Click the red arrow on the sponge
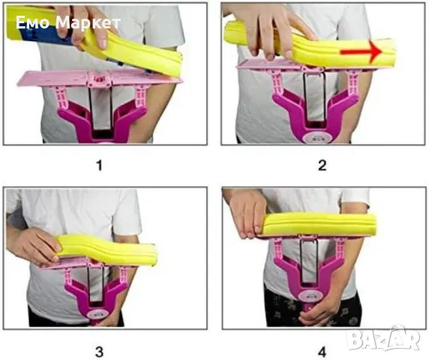tap(361, 51)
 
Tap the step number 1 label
tap(99, 166)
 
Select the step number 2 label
tap(322, 166)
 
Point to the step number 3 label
tap(99, 352)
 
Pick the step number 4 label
tap(322, 352)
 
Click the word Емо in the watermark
tap(33, 22)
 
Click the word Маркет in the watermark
tap(88, 23)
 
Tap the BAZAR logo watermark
tap(383, 340)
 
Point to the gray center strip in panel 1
tap(100, 108)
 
